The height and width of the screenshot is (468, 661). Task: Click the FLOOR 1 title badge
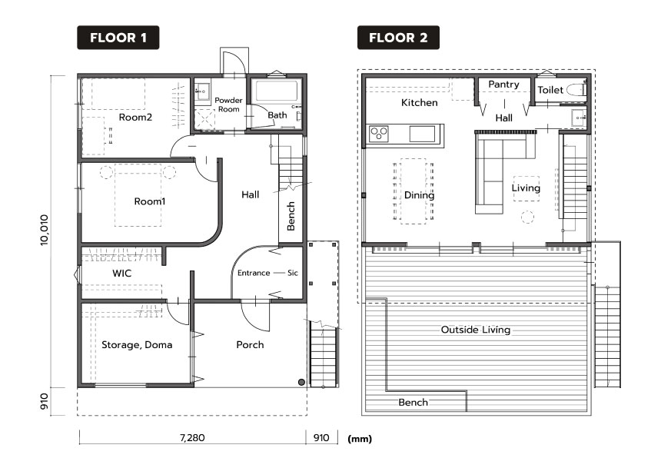coord(118,38)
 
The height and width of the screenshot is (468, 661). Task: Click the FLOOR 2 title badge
coord(398,38)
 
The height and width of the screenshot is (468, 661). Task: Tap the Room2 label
coord(135,118)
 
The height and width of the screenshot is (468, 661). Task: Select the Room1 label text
coord(150,201)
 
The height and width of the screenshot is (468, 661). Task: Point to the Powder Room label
coord(228,105)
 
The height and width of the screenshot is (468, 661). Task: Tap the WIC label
coord(122,274)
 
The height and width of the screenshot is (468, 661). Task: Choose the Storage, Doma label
coord(137,345)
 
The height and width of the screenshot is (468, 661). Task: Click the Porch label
coord(250,345)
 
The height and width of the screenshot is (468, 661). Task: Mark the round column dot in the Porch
coord(301,383)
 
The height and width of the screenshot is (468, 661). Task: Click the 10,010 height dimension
coord(45,230)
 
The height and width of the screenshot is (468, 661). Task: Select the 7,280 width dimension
coord(192,437)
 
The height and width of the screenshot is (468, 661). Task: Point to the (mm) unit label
coord(360,439)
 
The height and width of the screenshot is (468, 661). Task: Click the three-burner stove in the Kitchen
coord(379,134)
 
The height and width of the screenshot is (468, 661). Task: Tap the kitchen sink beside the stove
coord(422,134)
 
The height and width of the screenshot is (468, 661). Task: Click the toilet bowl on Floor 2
coord(576,89)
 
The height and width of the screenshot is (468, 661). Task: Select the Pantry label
coord(503,85)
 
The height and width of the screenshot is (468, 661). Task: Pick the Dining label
coord(419,195)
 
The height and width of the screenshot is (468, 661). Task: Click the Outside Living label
coord(476,330)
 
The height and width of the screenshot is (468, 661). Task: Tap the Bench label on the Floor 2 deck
coord(414,403)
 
